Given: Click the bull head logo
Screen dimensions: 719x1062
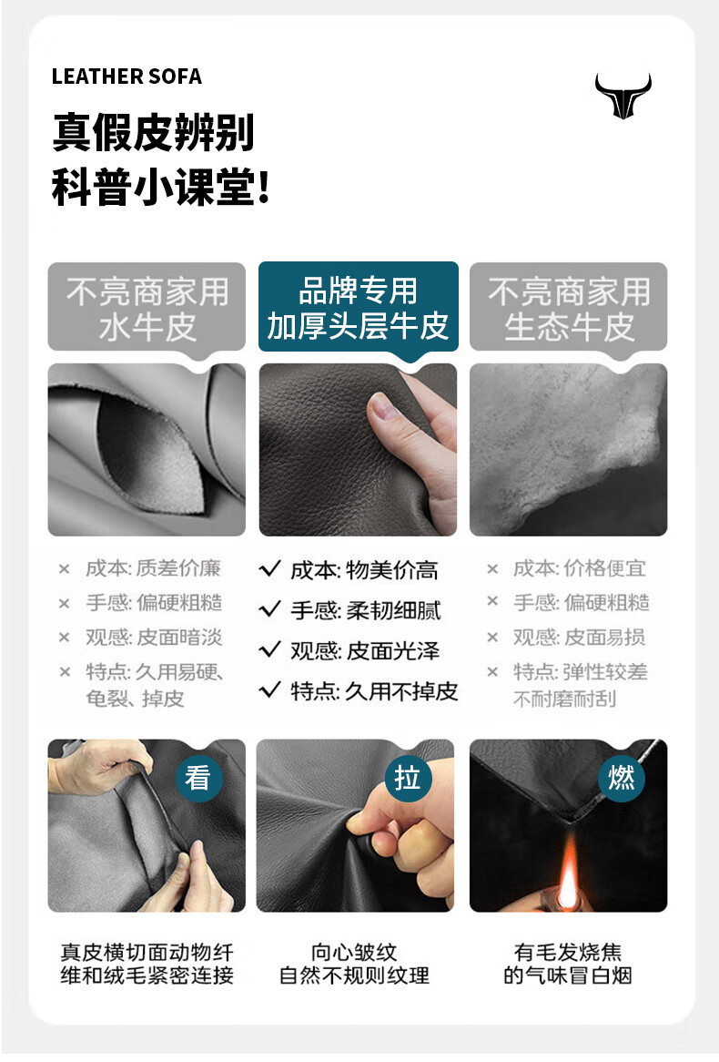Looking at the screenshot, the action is coord(623,96).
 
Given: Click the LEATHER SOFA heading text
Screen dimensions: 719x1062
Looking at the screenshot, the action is coord(127,77).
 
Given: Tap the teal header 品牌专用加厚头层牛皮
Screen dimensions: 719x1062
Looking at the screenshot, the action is coord(359,308).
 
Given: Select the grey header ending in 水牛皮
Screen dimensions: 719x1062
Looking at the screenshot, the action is coord(147,308).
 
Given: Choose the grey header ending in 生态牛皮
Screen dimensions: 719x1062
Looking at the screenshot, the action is coord(569,308).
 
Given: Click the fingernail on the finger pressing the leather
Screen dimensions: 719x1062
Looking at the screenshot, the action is coord(380,409).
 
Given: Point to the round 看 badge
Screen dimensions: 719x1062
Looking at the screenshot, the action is coord(197,778).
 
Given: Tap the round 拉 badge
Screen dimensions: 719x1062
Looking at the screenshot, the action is coord(408,778).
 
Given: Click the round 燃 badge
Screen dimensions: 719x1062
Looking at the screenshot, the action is coord(622,778).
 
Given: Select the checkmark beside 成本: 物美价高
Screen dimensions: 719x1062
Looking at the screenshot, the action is coord(270,569).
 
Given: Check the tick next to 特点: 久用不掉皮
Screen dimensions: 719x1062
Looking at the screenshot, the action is coord(270,689).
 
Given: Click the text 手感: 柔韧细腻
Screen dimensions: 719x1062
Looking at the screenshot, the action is coord(366,610).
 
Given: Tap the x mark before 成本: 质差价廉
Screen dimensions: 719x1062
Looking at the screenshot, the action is coord(65,569).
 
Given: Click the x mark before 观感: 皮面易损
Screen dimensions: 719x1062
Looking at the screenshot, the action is coord(492,638).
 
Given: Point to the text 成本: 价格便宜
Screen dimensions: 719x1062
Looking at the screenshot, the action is coord(580,568).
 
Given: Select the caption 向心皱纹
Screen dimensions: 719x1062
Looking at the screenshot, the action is coord(354,952).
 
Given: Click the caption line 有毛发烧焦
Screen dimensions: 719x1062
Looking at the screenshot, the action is coord(567,952).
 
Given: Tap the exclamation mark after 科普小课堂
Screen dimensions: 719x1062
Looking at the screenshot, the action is coord(264,187).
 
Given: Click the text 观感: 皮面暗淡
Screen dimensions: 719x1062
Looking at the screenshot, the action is coord(154,638).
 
